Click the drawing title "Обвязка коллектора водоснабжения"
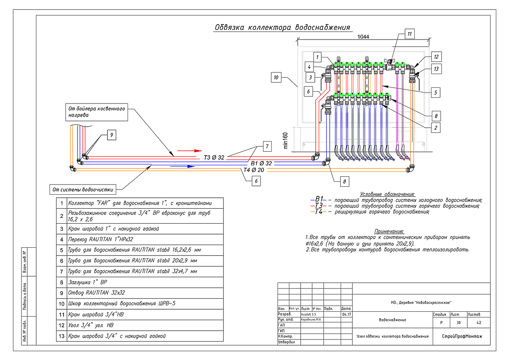282,28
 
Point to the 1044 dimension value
363,37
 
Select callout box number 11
409,34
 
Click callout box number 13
435,69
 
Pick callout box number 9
111,135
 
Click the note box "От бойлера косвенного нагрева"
96,112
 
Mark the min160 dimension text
285,139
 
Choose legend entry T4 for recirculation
319,212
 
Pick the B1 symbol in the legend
319,199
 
